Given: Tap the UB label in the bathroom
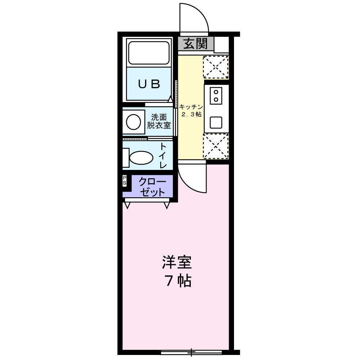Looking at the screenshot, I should coord(149,84).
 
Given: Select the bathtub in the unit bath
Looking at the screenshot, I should coord(149,53).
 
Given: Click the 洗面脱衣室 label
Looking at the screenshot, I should coord(159,121).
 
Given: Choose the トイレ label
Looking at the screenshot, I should coord(163,156).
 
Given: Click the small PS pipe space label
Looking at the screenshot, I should coord(125,181).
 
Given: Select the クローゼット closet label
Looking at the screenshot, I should coord(152,186).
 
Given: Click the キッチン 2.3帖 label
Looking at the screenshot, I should coord(191,111).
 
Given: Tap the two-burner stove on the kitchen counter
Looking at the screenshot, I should coord(216,95).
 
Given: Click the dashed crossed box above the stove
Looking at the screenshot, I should coord(216,67).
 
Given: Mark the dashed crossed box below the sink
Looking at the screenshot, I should coord(216,146).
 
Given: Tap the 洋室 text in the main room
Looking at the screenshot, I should coord(176,263).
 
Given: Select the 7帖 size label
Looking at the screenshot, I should coord(178,280).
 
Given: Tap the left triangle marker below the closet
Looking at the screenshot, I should coord(127,205).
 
